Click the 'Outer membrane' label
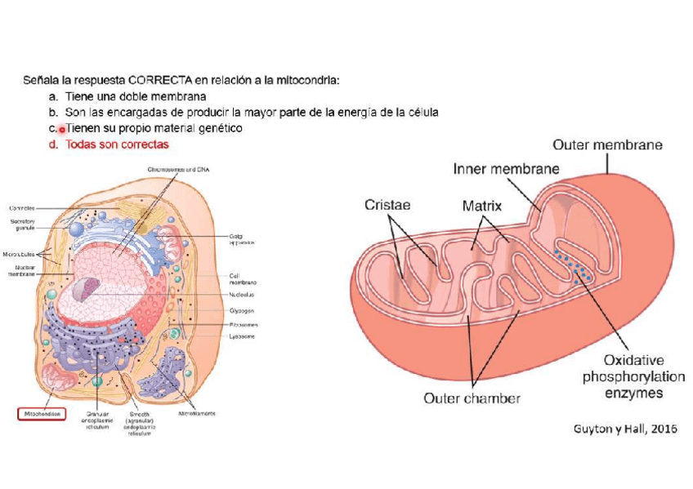click(607, 145)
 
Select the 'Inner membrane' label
click(506, 169)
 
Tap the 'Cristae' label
click(387, 206)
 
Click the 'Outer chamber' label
click(472, 399)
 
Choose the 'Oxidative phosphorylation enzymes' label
click(622, 376)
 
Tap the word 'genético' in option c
click(220, 128)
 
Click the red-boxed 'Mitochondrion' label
click(41, 413)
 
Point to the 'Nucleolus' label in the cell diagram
click(242, 295)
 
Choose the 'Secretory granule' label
click(22, 223)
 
